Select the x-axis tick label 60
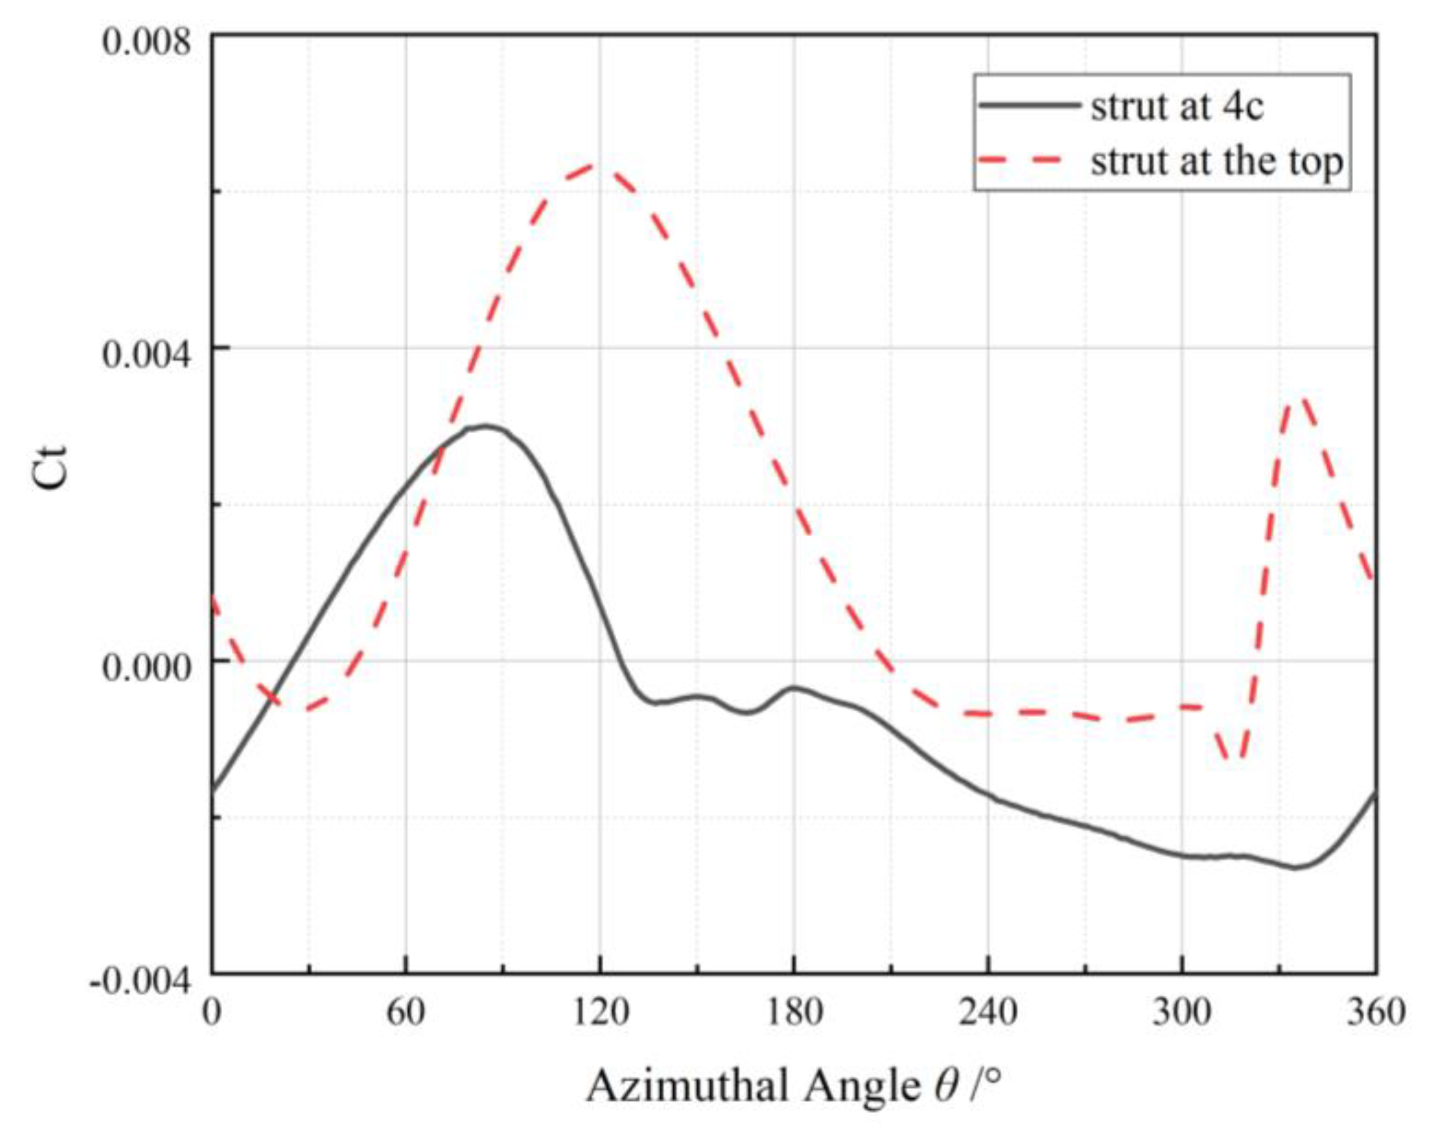[406, 1013]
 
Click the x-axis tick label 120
[600, 1013]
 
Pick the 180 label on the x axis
[794, 1013]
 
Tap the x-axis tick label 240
[988, 1013]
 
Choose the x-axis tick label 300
[1182, 1013]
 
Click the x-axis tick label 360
[1376, 1013]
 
